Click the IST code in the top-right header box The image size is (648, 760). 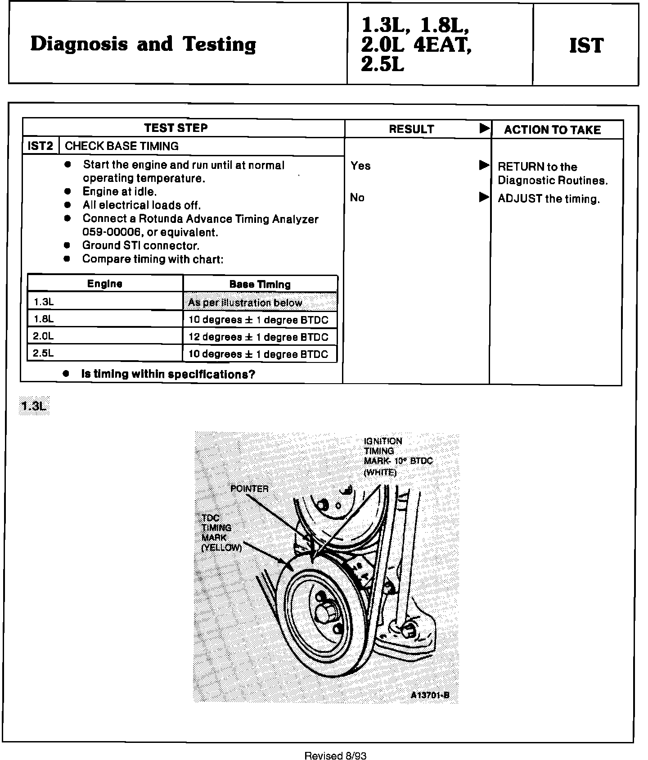point(586,45)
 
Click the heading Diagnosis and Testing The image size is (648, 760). point(143,45)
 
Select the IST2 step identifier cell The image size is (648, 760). point(40,146)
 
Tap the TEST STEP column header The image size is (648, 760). point(176,128)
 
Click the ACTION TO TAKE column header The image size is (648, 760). point(552,130)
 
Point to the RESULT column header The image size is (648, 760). point(411,130)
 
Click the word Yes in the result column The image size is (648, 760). point(360,166)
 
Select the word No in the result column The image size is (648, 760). point(357,198)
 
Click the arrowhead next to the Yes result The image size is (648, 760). point(484,165)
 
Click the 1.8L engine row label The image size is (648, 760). point(44,319)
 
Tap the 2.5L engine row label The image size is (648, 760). point(44,353)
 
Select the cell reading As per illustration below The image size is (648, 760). point(245,303)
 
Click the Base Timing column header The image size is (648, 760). point(260,284)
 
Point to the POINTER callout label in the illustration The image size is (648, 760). point(249,489)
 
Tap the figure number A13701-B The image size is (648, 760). point(430,695)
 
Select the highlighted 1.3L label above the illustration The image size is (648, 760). point(34,406)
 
